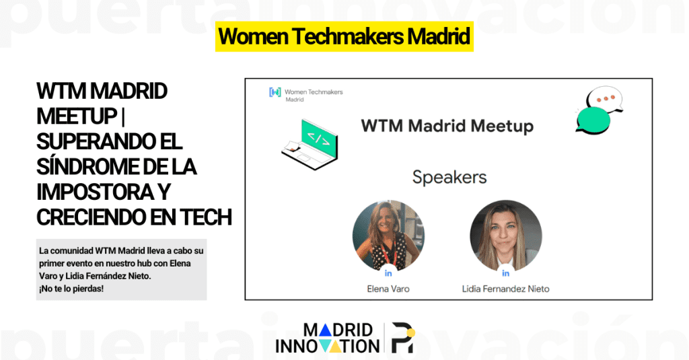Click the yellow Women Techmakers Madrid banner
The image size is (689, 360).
[x=344, y=37]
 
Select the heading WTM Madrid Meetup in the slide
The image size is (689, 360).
[x=447, y=126]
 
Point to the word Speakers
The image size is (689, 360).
[x=449, y=178]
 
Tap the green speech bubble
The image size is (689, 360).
[x=593, y=120]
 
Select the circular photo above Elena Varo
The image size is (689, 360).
[x=388, y=236]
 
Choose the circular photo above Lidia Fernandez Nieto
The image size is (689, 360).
[x=505, y=236]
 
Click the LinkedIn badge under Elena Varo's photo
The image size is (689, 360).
[x=388, y=273]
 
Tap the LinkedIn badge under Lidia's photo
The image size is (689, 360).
[x=505, y=273]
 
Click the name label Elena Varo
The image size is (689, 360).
[x=388, y=289]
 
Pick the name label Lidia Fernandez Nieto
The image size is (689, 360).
[x=505, y=289]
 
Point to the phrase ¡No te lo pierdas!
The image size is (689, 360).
[x=70, y=289]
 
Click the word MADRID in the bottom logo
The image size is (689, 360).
[x=338, y=330]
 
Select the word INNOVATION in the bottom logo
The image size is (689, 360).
[x=328, y=347]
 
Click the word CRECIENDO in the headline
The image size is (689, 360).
[x=95, y=217]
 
